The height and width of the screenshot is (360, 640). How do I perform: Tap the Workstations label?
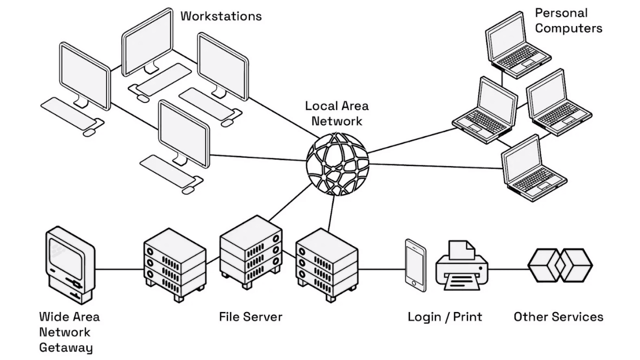[x=221, y=16]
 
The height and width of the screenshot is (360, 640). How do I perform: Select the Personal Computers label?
[x=568, y=21]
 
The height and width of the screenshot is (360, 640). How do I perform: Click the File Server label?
[x=250, y=317]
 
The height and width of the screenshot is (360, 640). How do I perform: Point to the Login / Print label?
[x=445, y=317]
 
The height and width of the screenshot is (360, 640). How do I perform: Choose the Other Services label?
[x=558, y=317]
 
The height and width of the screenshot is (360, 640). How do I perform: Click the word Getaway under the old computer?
[x=66, y=348]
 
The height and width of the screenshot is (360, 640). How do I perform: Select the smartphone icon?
[x=416, y=265]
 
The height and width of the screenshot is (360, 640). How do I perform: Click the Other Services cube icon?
[x=560, y=265]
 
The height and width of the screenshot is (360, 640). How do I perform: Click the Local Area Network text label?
[x=337, y=113]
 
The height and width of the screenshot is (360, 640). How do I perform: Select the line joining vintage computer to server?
[x=119, y=269]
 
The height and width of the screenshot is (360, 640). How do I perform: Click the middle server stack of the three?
[x=250, y=250]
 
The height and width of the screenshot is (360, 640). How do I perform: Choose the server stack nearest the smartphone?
[x=327, y=264]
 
